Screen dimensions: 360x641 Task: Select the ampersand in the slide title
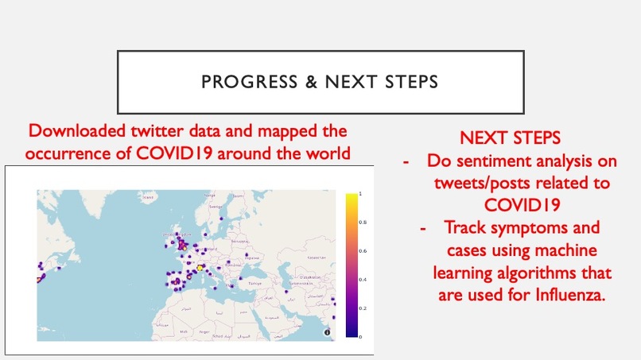(295, 82)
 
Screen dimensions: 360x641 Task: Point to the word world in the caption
(326, 152)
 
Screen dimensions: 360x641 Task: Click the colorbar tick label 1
(360, 193)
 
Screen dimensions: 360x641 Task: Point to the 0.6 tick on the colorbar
(362, 250)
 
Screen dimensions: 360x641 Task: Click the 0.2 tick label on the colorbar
(362, 308)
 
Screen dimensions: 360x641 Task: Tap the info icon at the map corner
(328, 332)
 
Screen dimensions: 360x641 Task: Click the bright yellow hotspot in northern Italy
(200, 268)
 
